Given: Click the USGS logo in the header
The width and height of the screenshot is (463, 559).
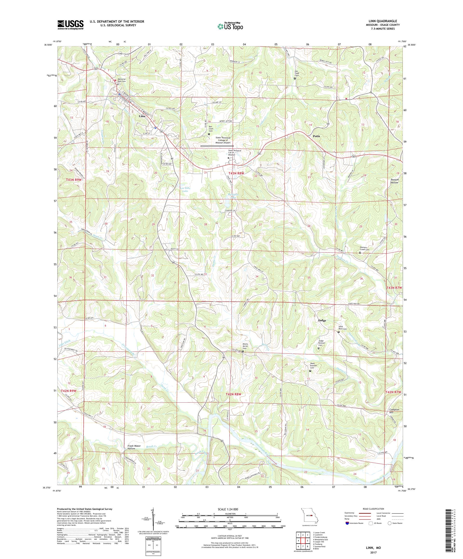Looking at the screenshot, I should coord(70,25).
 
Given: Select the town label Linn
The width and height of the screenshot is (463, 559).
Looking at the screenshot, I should coord(142,116).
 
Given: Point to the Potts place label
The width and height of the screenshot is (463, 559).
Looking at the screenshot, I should coord(316,136).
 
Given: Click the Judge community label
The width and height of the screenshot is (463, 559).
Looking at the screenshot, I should coord(322,320).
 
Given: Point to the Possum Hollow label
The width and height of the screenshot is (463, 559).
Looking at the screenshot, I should coord(395,181).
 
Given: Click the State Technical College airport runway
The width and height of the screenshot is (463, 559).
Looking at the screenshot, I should coord(217,146).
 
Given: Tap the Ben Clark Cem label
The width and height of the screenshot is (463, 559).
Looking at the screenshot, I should coord(211,129).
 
